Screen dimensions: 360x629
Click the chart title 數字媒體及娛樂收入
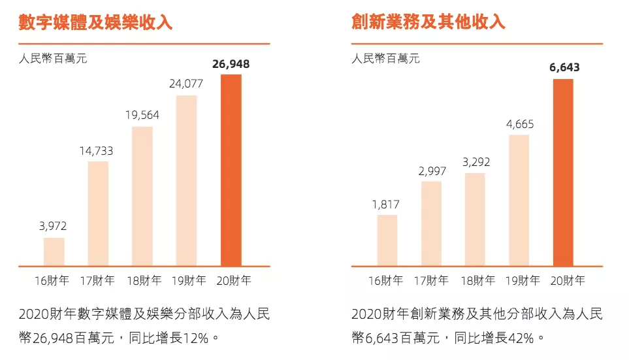click(95, 22)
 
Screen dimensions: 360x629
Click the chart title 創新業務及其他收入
click(428, 22)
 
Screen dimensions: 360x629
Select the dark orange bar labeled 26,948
click(231, 170)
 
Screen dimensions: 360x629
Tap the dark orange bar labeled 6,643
click(563, 172)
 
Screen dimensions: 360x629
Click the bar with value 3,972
click(54, 252)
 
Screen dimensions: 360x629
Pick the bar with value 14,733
click(98, 213)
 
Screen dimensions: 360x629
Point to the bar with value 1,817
click(387, 240)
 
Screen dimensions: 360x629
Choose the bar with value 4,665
click(519, 200)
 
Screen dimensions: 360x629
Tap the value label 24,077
click(186, 84)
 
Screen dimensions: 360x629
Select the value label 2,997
click(431, 171)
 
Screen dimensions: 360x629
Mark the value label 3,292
click(475, 162)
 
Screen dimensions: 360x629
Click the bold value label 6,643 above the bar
click(563, 67)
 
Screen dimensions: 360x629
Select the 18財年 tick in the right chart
click(476, 281)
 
